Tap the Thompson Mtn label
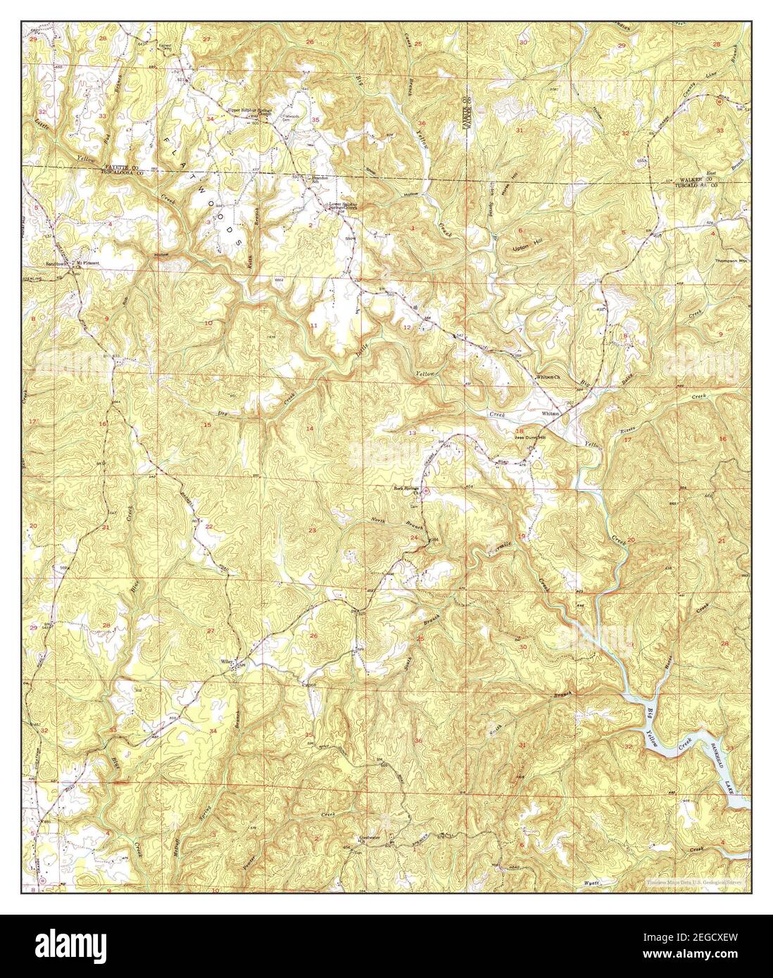click(729, 260)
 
